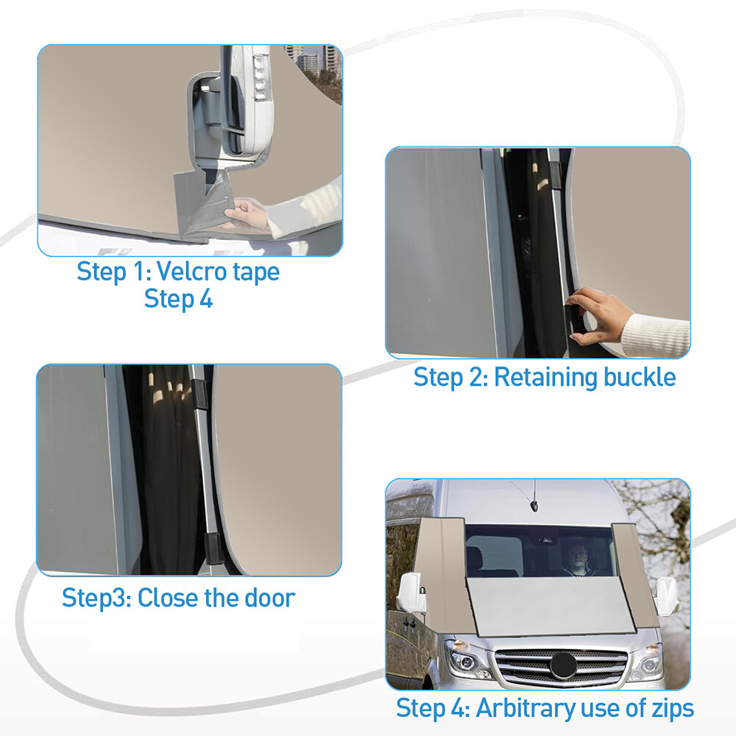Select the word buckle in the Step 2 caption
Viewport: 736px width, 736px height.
(640, 377)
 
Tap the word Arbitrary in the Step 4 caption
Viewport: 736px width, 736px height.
(526, 709)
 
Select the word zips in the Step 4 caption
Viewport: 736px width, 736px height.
(673, 709)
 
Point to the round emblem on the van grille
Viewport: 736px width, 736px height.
(563, 665)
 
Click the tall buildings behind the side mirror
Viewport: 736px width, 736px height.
(311, 61)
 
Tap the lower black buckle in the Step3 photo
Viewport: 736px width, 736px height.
(213, 548)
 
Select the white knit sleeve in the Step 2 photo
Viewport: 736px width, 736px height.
(656, 334)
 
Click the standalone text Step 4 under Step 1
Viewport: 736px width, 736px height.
(178, 299)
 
